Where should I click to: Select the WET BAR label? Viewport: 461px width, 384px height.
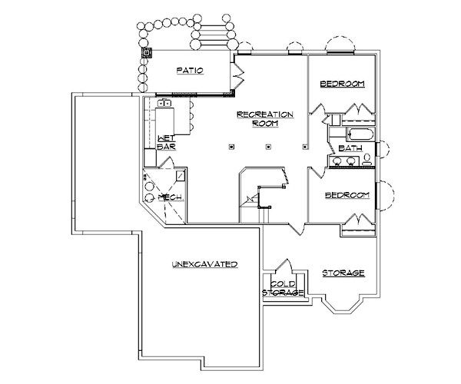[167, 141]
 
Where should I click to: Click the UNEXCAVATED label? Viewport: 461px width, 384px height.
[203, 264]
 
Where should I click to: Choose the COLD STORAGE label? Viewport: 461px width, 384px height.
[284, 288]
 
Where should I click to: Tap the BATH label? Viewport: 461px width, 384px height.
[350, 148]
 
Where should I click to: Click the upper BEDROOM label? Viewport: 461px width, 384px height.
[342, 84]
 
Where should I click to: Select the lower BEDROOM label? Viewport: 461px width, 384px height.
[347, 196]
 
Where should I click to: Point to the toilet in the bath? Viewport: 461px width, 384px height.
[367, 160]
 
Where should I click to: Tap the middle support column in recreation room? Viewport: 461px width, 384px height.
[267, 146]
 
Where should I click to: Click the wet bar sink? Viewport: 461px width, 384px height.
[164, 102]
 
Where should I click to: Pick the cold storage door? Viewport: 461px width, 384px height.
[286, 266]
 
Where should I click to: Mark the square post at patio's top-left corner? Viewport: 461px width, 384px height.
[148, 53]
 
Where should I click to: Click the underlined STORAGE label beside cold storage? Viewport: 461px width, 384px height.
[343, 273]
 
